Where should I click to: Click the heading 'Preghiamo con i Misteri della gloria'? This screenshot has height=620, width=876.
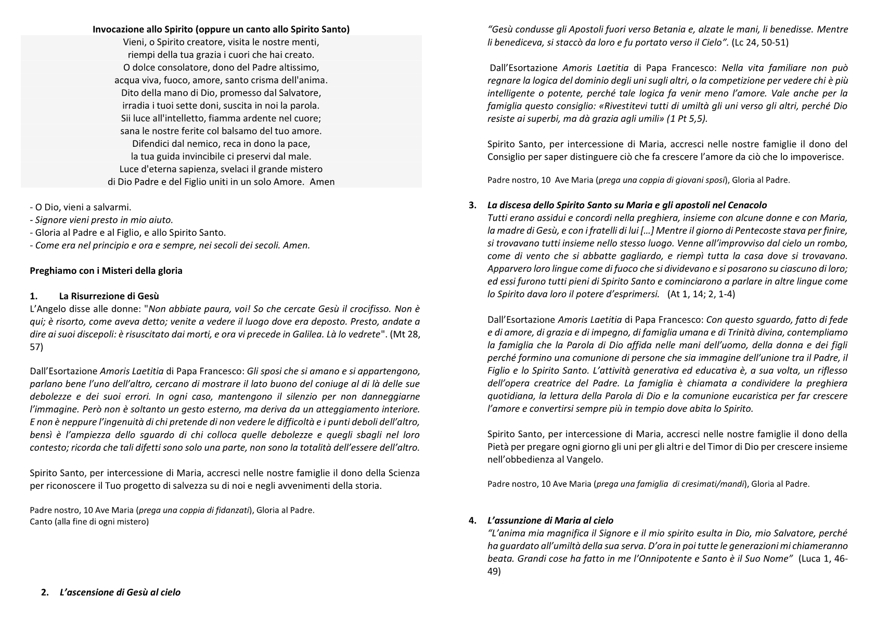[106, 271]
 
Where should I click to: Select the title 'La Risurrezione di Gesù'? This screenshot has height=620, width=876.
[112, 296]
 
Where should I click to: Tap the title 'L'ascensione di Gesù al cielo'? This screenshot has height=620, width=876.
[120, 592]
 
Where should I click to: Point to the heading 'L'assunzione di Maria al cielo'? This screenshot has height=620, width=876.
[550, 520]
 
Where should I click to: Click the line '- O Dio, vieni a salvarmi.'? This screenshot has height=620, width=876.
[81, 207]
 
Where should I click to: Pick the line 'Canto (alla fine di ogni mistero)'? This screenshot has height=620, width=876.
[89, 521]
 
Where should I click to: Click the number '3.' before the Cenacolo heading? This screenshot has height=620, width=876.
[472, 205]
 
